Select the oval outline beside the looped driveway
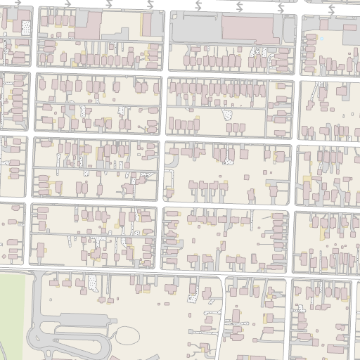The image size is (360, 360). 127,335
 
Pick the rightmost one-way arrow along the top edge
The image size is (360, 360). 330,2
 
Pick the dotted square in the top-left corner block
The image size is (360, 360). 26,28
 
